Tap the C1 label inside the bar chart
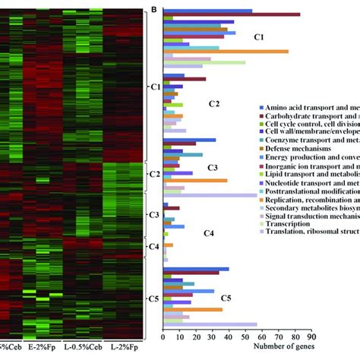258,37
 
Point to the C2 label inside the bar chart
213,103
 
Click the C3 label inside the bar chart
213,167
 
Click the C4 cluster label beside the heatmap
152,247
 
